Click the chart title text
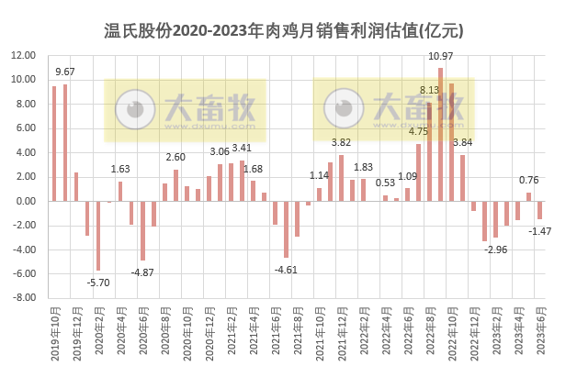pos(287,31)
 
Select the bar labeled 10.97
pos(440,134)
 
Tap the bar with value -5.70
pos(98,235)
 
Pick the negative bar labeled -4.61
pos(286,228)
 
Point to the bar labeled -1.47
pos(539,210)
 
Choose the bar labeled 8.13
pos(429,151)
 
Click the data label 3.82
pos(341,142)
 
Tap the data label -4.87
pos(141,272)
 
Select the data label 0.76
pos(529,180)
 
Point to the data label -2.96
pos(496,249)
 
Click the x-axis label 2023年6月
pos(539,330)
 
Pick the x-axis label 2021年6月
pos(275,330)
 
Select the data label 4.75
pos(418,132)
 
